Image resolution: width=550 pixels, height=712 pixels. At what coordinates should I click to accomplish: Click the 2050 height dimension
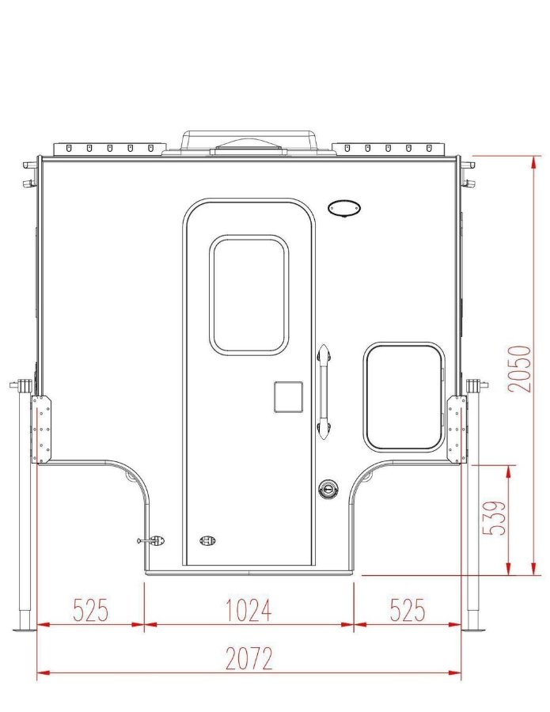pos(520,369)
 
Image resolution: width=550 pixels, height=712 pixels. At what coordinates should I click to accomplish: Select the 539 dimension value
pos(494,518)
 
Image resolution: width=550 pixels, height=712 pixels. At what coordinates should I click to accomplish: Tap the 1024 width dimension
pos(249,610)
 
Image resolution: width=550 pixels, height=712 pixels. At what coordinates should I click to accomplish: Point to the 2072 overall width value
pos(249,658)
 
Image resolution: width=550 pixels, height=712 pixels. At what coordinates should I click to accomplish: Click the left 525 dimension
pos(91,610)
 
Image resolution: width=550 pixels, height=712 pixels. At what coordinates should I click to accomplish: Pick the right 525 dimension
pos(408,610)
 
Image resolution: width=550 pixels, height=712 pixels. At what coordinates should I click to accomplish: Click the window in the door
pos(248,295)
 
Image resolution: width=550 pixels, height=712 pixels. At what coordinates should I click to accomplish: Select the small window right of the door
pos(404,397)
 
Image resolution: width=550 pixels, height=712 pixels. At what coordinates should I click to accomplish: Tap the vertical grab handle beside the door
pos(324,392)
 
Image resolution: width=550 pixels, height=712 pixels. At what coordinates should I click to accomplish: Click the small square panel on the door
pos(288,397)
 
